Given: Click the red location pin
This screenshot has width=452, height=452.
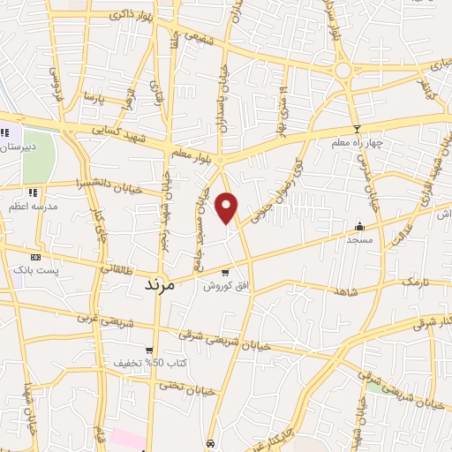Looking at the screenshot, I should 227,207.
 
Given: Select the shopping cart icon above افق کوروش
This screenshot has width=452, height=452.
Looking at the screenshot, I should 226,273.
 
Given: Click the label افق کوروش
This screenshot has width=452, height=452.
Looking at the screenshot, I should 225,287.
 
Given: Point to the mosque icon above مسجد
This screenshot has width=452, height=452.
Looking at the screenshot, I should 359,226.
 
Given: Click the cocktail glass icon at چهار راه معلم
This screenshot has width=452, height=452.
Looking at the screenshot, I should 356,128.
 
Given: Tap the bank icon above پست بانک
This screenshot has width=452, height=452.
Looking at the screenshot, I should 35,256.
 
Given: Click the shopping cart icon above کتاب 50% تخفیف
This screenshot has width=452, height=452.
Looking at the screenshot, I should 149,350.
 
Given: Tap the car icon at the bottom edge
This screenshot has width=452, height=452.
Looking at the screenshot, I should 210,442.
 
